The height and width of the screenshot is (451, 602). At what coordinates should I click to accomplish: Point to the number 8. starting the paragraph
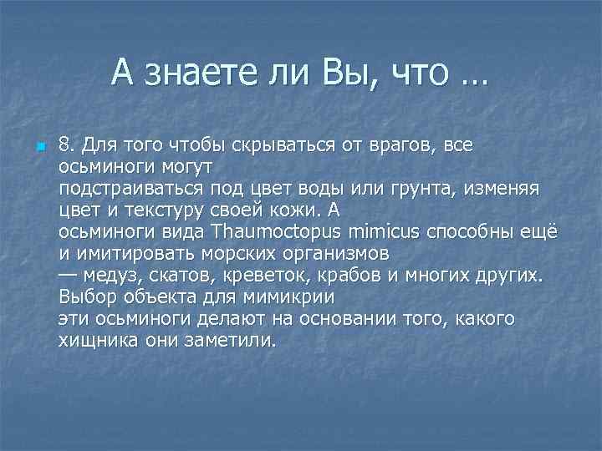click(x=68, y=144)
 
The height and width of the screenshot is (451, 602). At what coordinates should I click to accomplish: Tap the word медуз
click(x=112, y=275)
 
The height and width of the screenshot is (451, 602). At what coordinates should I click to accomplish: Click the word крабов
click(x=348, y=275)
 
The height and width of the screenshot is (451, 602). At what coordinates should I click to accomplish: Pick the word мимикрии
click(x=296, y=296)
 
